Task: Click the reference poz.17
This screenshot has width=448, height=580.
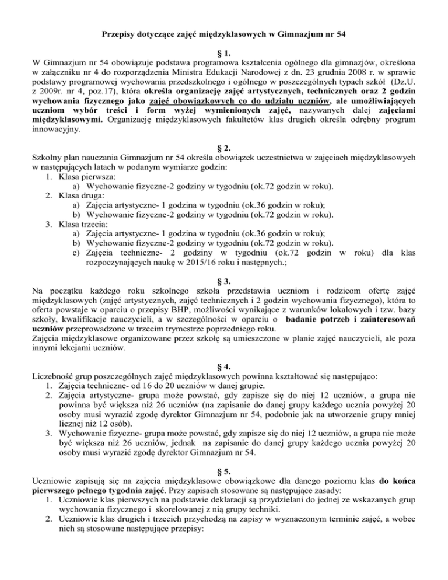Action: click(102, 92)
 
